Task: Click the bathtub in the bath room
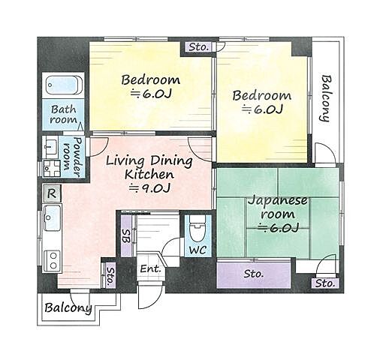coord(65,85)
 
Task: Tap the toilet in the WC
coord(198,228)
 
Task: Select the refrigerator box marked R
coord(52,193)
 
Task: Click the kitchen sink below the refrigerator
coord(52,217)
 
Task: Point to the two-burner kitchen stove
coord(53,261)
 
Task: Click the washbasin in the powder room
coord(51,147)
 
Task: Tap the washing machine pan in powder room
coord(52,169)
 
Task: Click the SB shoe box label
coord(126,236)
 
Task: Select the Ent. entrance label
coord(150,269)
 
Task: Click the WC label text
coord(198,250)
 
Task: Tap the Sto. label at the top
coord(198,46)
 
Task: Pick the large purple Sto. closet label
coord(253,274)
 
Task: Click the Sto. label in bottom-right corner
coord(325,283)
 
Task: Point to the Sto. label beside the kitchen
coord(110,276)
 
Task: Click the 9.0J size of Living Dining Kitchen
coord(149,188)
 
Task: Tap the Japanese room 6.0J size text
coord(279,227)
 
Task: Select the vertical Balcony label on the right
coord(327,98)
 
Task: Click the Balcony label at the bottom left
coord(68,307)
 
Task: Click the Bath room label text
coord(64,115)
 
